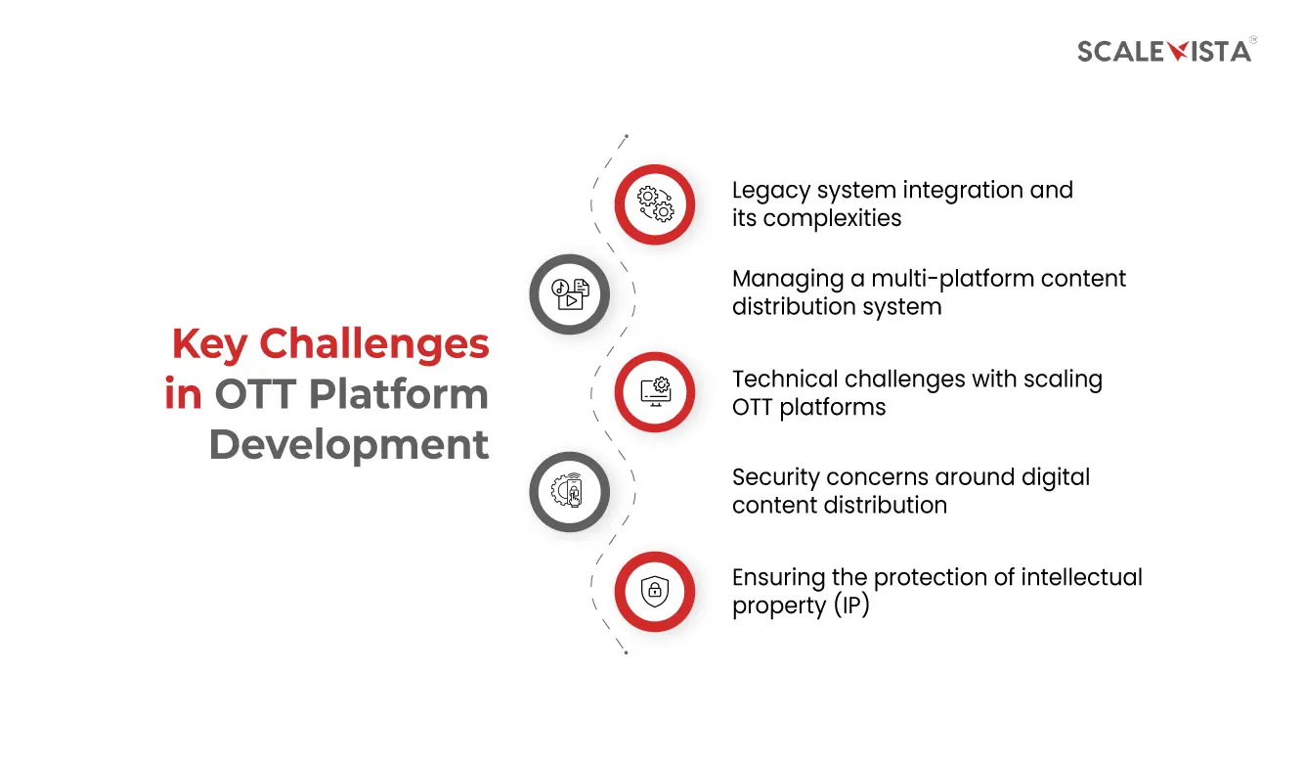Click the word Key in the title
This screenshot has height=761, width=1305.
pyautogui.click(x=209, y=344)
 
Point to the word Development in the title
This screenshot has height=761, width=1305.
pyautogui.click(x=349, y=445)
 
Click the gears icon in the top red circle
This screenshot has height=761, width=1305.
pyautogui.click(x=655, y=203)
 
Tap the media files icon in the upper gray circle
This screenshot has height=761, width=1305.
pyautogui.click(x=569, y=293)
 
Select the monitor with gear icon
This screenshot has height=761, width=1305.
pyautogui.click(x=655, y=391)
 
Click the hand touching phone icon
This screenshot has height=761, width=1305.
pyautogui.click(x=569, y=491)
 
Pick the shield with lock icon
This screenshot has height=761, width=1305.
pyautogui.click(x=655, y=591)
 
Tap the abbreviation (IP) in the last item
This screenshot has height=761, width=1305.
pyautogui.click(x=851, y=606)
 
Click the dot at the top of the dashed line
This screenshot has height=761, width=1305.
pyautogui.click(x=626, y=137)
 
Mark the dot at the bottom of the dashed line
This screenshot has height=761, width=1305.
pyautogui.click(x=626, y=652)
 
